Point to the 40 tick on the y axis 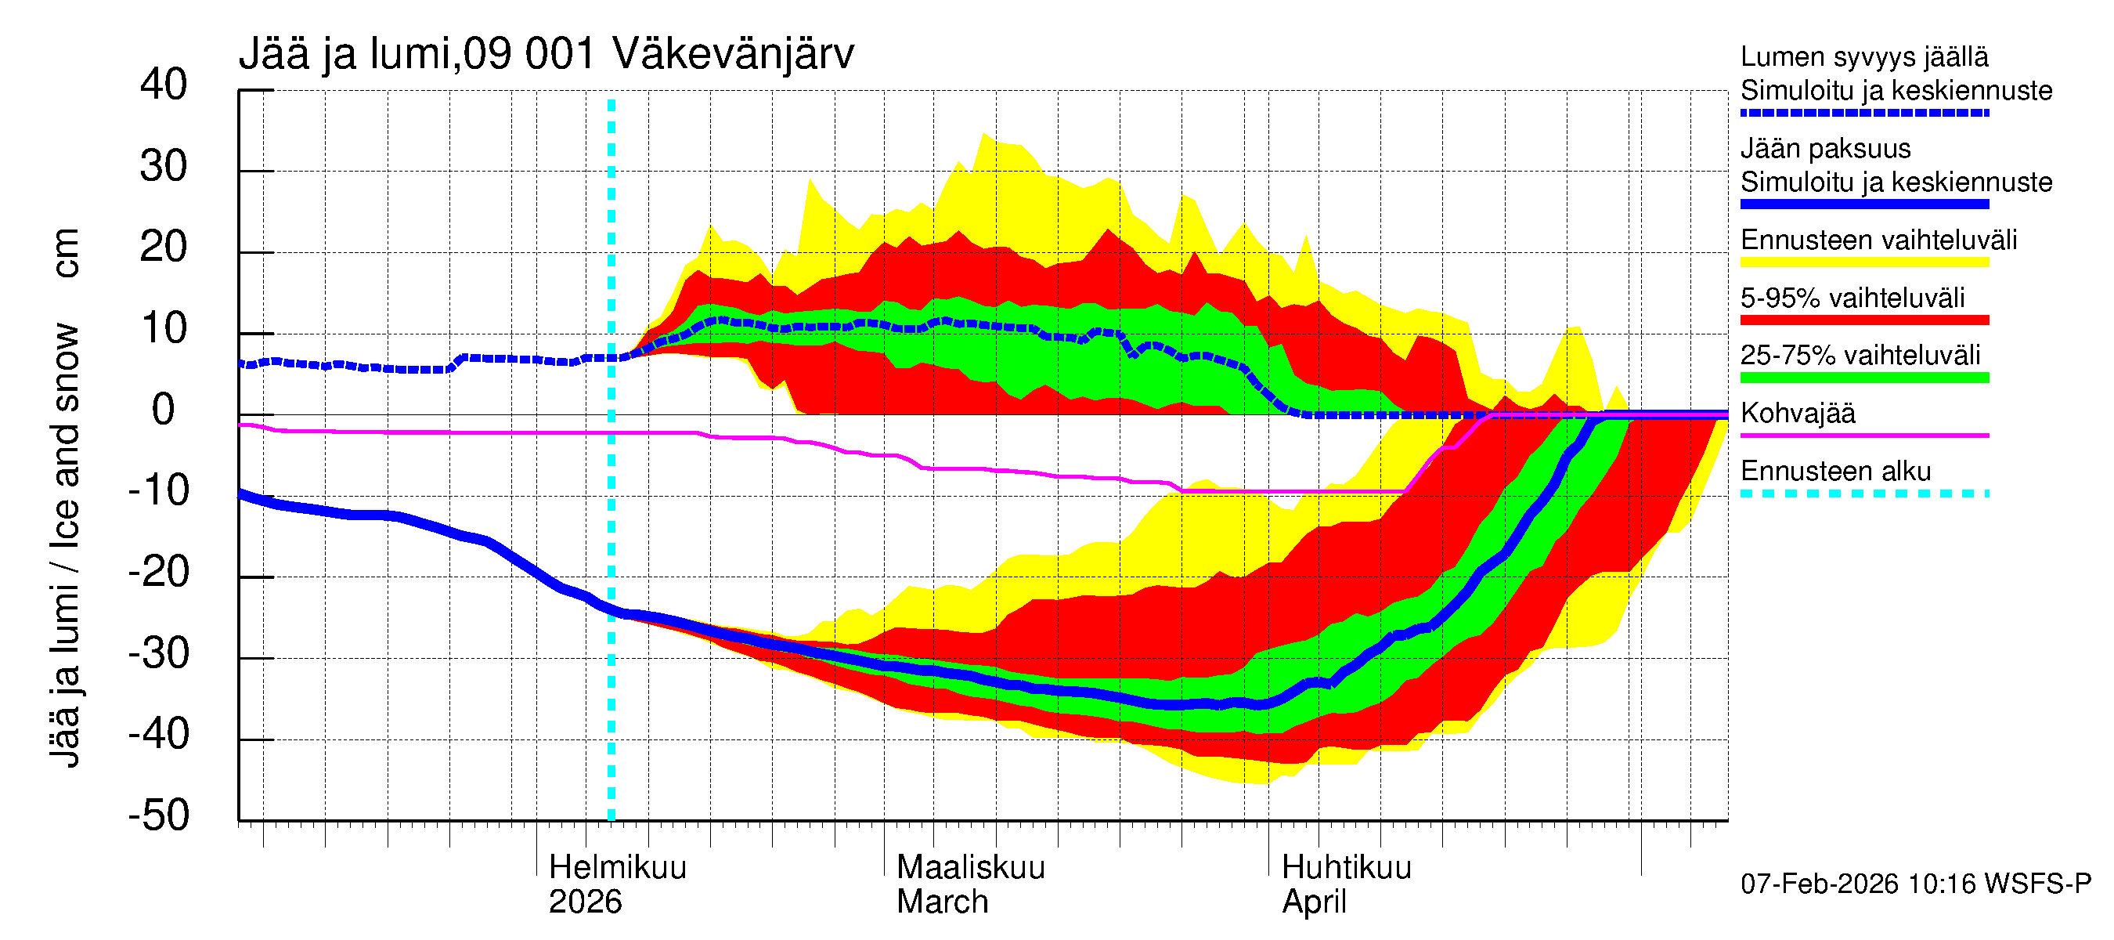(164, 85)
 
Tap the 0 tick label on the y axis (164, 410)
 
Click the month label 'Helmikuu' (617, 867)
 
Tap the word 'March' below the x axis (942, 902)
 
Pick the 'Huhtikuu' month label (1346, 867)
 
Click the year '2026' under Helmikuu (585, 902)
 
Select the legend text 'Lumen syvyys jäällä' (1864, 56)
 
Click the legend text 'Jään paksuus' (1825, 149)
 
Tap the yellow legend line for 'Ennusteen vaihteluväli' (1864, 262)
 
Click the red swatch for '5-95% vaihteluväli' (1864, 320)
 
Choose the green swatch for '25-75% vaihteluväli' (1864, 378)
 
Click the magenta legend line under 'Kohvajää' (1864, 435)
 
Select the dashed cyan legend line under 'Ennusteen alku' (1864, 493)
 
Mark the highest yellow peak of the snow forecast (983, 135)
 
